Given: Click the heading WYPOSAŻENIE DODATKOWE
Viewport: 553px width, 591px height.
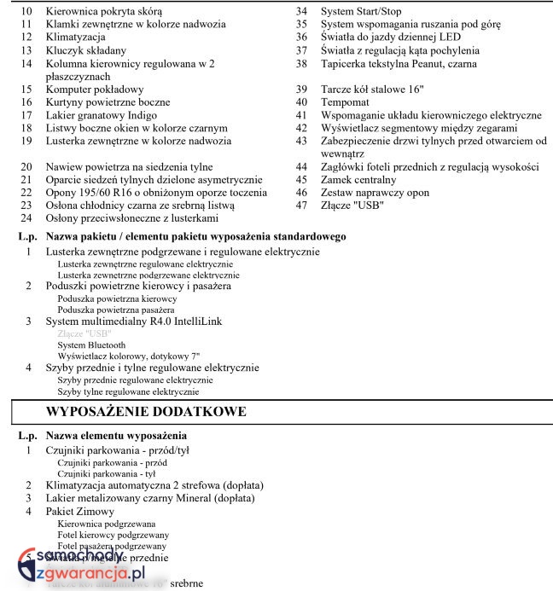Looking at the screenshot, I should (x=146, y=411).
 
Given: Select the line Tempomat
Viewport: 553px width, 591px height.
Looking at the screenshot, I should (x=346, y=102).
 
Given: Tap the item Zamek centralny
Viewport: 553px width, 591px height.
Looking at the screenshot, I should (x=358, y=180).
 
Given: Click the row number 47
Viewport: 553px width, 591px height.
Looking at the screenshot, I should (x=301, y=206).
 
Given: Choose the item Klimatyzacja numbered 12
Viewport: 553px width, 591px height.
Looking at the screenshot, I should (x=76, y=38).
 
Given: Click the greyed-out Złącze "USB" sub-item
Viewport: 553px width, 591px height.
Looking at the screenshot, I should (x=84, y=333).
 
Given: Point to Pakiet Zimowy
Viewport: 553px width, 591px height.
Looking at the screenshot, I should (x=82, y=510).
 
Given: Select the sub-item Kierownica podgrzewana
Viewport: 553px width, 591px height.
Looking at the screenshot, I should (x=106, y=523).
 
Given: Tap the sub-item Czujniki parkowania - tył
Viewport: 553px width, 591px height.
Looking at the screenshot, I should (x=106, y=472).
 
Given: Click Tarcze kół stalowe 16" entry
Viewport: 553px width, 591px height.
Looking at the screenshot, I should (x=372, y=89).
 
